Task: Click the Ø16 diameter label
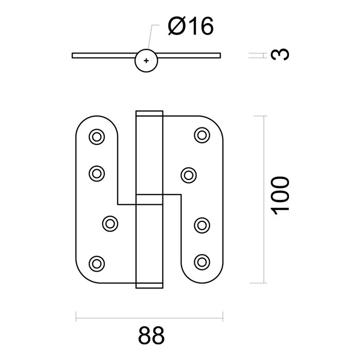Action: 189,26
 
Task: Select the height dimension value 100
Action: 280,196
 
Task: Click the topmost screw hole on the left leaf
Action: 96,137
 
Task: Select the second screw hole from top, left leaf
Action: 96,173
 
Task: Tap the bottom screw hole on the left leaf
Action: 96,263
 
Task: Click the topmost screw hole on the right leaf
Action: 202,135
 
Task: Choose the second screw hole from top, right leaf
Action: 189,174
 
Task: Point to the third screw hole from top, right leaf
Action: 202,224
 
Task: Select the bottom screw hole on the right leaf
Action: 202,261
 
